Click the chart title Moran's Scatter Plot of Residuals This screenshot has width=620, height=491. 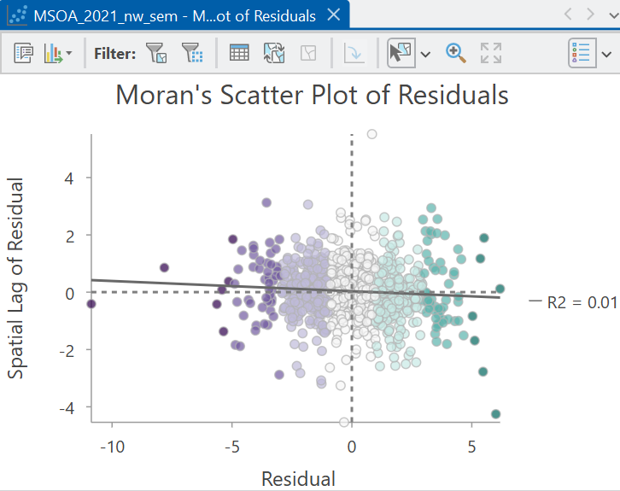312,96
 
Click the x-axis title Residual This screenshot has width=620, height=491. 299,479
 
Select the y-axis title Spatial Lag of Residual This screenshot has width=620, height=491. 16,278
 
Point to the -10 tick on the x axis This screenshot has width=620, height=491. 113,447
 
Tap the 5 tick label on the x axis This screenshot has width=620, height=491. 471,447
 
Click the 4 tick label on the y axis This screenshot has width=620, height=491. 69,178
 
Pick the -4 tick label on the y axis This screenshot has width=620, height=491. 67,407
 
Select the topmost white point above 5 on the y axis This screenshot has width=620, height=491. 371,134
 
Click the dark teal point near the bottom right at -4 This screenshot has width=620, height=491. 495,414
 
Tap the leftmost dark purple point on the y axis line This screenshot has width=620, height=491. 91,304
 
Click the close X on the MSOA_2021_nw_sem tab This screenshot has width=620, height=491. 334,15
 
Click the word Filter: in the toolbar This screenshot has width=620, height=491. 114,53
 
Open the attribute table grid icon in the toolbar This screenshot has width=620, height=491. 239,53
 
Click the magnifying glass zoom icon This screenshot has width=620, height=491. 455,53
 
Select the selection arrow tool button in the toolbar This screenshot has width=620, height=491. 401,53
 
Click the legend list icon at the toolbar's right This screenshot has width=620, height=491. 582,53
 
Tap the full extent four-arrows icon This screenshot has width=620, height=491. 491,53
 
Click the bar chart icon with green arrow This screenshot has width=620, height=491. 54,53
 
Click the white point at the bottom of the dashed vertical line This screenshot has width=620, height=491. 344,422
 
